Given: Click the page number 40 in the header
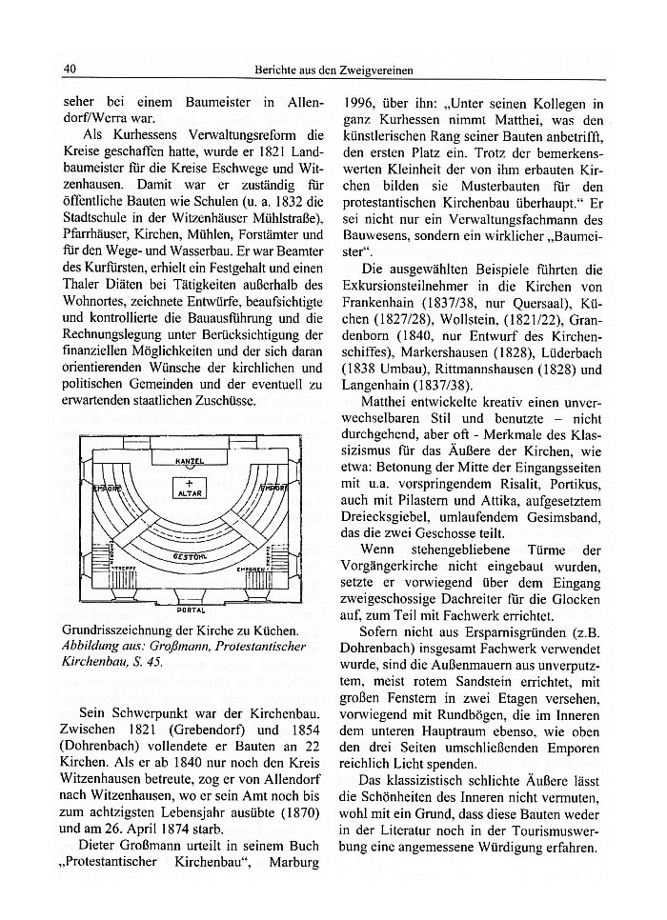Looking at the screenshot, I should pyautogui.click(x=69, y=69).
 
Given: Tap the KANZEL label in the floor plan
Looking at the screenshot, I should pyautogui.click(x=191, y=461).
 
